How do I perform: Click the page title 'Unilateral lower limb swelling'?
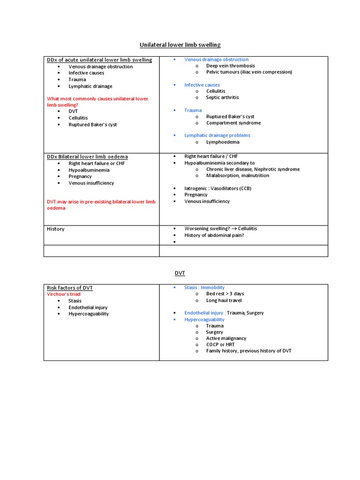pos(180,45)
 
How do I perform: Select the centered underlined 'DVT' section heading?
pos(180,272)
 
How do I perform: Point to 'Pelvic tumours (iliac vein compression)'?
pos(249,72)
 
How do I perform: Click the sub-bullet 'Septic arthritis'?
pos(222,97)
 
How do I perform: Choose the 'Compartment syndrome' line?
pos(233,123)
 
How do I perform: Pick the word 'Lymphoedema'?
pos(223,142)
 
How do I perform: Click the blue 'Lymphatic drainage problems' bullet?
pos(217,135)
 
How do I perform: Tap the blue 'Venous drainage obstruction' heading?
pos(216,60)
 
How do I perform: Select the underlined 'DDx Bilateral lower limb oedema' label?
pos(87,157)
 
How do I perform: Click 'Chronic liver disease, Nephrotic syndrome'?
pos(253,169)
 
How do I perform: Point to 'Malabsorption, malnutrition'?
pos(238,175)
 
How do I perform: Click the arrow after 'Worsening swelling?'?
pos(234,229)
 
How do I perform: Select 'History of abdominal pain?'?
pos(214,235)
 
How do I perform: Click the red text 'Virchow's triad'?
pos(63,294)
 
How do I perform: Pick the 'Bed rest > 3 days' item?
pos(225,294)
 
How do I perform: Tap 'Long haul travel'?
pos(224,300)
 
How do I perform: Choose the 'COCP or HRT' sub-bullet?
pos(220,345)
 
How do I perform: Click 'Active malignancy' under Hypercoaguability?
pos(226,338)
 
